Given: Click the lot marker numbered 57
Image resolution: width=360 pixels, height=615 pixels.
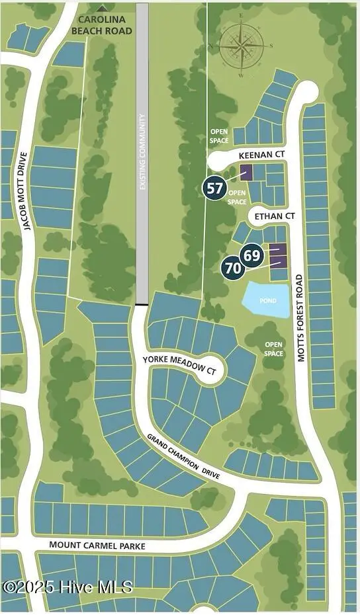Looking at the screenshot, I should (x=215, y=188).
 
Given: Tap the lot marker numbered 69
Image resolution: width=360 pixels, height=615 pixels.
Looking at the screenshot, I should (x=251, y=255).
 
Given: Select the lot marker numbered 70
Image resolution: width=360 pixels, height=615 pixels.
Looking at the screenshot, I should (x=233, y=268).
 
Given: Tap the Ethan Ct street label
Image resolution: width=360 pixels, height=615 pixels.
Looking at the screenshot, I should (x=271, y=216).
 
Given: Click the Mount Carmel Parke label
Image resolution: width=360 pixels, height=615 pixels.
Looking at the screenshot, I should (x=97, y=546).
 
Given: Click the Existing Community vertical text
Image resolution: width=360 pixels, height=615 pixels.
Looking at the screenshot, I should (x=142, y=153).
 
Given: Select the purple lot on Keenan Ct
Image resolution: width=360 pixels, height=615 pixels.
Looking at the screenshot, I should (x=246, y=173).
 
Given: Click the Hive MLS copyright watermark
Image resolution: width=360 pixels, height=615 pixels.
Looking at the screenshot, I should (x=67, y=587).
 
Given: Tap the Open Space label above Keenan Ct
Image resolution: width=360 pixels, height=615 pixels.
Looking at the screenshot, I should (x=219, y=136).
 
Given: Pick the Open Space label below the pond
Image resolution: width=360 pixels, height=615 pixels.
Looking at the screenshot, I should (x=273, y=349).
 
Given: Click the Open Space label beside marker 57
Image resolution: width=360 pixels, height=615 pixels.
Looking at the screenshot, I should (x=237, y=198).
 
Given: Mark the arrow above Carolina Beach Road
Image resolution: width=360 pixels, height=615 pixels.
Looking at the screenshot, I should (x=101, y=7).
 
